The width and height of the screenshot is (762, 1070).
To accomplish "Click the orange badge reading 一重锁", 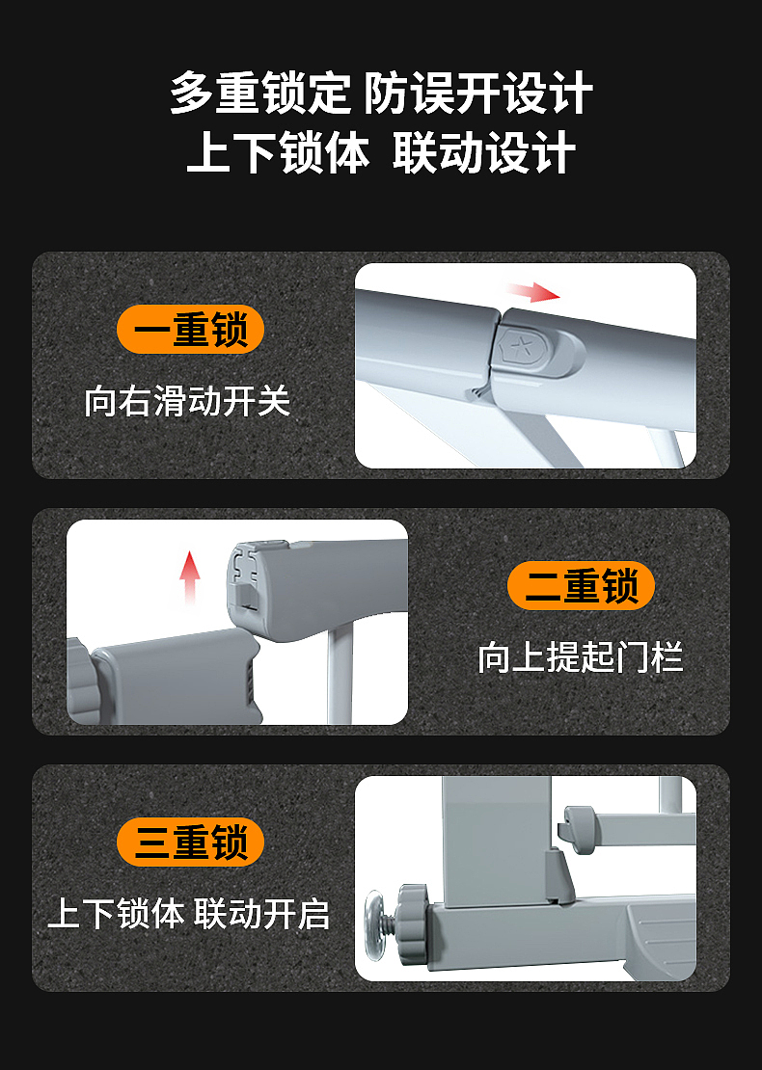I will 190,331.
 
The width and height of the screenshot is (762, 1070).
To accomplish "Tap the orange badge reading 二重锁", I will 581,586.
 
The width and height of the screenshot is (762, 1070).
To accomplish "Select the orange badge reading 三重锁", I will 190,843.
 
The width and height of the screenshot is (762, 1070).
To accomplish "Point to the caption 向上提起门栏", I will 581,657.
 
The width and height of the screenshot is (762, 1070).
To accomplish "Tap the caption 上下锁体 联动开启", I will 189,913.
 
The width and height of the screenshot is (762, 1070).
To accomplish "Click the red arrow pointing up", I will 190,577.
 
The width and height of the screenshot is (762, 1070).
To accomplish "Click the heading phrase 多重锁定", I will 259,94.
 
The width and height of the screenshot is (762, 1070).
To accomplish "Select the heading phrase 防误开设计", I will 478,94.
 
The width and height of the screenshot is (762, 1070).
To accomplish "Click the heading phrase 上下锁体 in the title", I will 278,153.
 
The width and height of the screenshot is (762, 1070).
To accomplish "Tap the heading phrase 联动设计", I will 484,153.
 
